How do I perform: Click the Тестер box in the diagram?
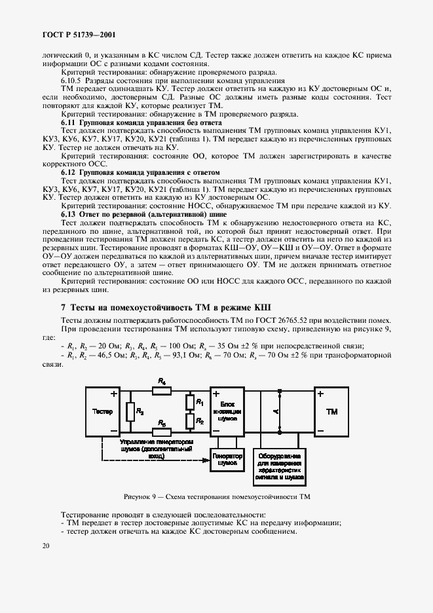[103, 412]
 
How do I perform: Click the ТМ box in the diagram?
[332, 412]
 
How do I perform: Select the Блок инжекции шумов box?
[228, 412]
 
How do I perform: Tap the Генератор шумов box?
[223, 459]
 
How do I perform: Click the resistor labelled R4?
[162, 391]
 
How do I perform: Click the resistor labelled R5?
[162, 431]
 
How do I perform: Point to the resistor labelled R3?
[131, 411]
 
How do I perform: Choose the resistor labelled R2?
[191, 420]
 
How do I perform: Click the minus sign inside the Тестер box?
[114, 430]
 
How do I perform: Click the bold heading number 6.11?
[69, 123]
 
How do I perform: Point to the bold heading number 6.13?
[69, 214]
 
